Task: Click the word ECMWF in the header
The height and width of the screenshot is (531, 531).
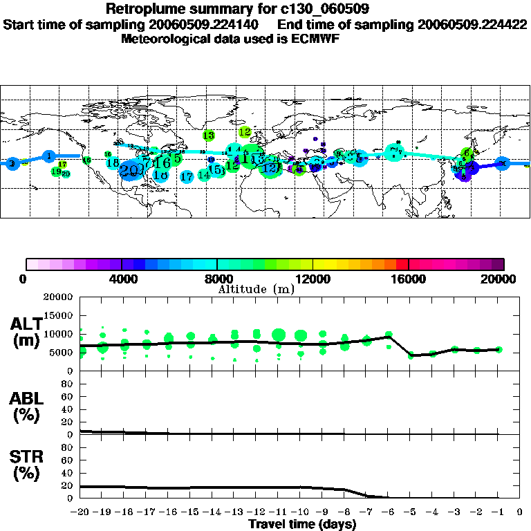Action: click(x=315, y=39)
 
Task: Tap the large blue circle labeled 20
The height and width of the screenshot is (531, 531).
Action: click(x=129, y=170)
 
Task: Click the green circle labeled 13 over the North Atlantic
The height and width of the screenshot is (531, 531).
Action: click(x=208, y=135)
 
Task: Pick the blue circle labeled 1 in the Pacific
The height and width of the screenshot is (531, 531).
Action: click(x=49, y=156)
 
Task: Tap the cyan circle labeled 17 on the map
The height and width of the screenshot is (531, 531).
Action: click(x=186, y=177)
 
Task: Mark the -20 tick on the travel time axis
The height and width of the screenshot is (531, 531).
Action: click(x=80, y=513)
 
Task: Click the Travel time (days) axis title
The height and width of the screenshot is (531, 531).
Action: click(x=302, y=525)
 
